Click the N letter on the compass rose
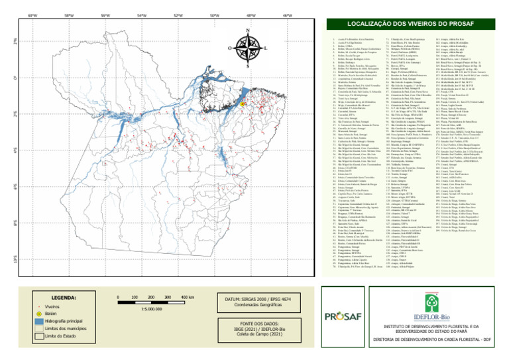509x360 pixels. [247, 31]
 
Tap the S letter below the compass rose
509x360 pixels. [247, 66]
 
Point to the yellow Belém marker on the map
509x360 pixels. [243, 104]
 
